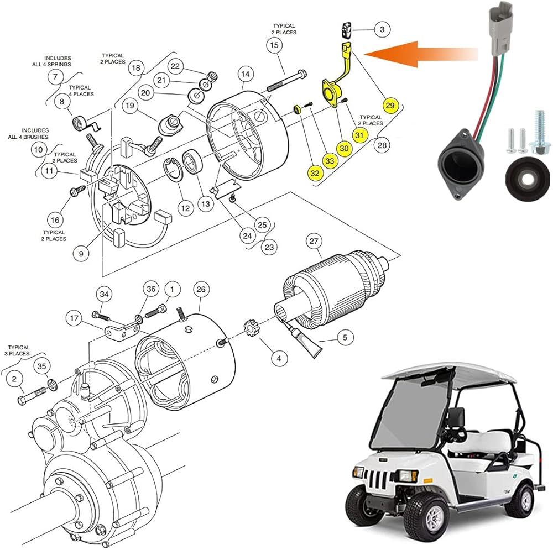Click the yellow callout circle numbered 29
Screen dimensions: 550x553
[x=390, y=104]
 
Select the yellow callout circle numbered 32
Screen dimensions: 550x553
[x=315, y=174]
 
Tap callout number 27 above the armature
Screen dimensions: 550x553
[x=315, y=240]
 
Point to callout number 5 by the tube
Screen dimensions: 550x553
[x=345, y=336]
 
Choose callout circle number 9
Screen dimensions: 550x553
[x=81, y=254]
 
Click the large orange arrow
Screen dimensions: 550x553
[x=420, y=54]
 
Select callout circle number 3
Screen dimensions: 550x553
[x=382, y=28]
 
